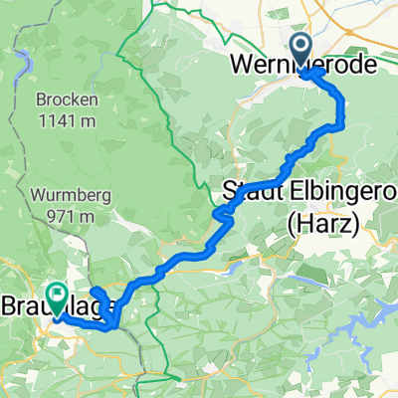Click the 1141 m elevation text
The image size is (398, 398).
click(x=65, y=121)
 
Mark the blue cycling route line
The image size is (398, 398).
click(x=189, y=257)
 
